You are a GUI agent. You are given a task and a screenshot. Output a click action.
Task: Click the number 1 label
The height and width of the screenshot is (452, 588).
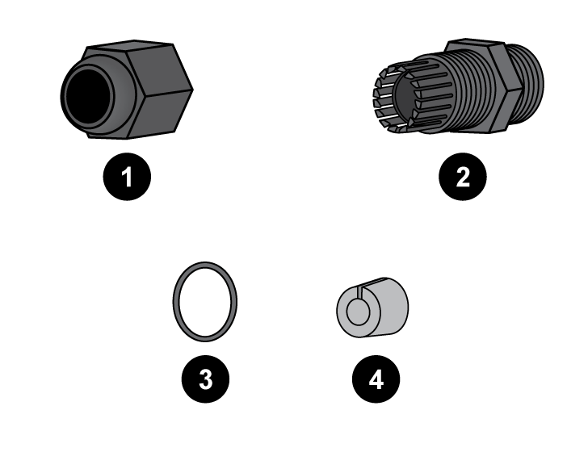coord(127,178)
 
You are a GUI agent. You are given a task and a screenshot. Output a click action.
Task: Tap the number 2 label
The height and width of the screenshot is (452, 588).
coord(463,178)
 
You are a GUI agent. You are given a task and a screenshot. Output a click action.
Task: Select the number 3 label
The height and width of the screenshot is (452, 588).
coord(206,379)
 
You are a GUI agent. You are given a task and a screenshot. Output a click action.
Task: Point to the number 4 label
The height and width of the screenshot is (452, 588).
coord(376,379)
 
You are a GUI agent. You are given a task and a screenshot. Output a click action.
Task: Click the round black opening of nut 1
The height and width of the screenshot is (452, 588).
coord(87,96)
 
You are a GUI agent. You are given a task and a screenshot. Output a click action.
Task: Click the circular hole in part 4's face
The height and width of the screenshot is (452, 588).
coord(358,312)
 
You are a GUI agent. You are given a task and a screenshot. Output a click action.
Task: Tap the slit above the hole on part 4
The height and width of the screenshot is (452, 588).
coord(359,292)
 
